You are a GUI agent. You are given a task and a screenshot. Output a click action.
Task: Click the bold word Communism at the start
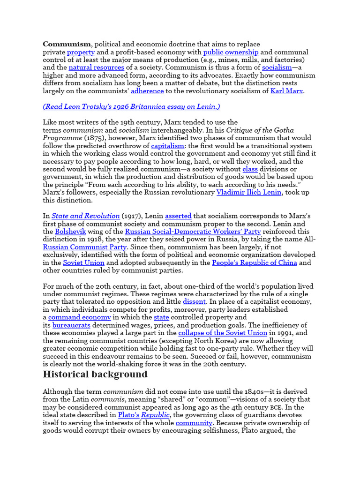point(66,44)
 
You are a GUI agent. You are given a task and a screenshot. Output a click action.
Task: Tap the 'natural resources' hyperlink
point(96,67)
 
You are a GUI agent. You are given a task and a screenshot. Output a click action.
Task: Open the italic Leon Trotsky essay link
point(131,106)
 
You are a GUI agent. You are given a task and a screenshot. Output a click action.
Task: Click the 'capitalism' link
point(168,146)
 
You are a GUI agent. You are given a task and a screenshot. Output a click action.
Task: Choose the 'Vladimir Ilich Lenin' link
point(249,193)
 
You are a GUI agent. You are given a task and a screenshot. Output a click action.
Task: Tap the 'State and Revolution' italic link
point(86,216)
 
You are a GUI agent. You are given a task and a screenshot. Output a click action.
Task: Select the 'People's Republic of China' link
point(255,263)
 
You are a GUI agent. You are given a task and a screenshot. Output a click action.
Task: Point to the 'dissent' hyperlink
point(194,302)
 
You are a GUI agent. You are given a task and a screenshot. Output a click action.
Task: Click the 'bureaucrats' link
point(71,325)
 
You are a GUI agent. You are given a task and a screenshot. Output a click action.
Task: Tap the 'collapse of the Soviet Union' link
point(223,333)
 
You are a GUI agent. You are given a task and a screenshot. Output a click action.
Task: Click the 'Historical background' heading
point(95,374)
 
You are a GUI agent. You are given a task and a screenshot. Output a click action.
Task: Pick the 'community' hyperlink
point(194,423)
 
